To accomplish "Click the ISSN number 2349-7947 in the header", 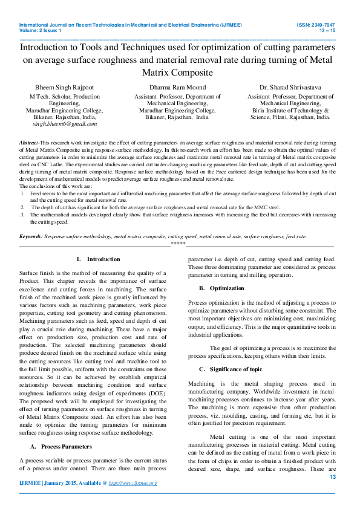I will (319, 25).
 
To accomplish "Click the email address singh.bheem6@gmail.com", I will (65, 123).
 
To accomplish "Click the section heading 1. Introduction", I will (99, 259).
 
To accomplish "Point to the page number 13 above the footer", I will (332, 477).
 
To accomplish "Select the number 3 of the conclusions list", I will (22, 213).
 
